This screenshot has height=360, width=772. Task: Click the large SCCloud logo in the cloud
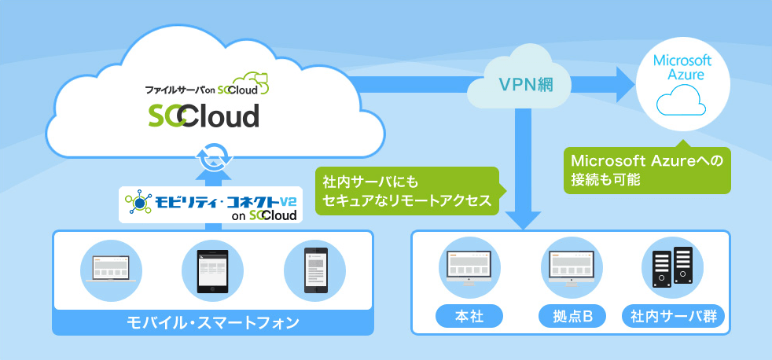coord(204,116)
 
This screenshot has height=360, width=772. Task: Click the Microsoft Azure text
coord(682,68)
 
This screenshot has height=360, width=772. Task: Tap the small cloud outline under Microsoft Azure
coord(682,102)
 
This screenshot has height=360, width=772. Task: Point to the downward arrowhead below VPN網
coord(520,217)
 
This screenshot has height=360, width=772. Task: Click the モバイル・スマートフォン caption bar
coord(212,322)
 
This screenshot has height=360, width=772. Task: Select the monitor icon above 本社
coord(469,266)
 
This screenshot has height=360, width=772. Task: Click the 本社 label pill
coord(469,317)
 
